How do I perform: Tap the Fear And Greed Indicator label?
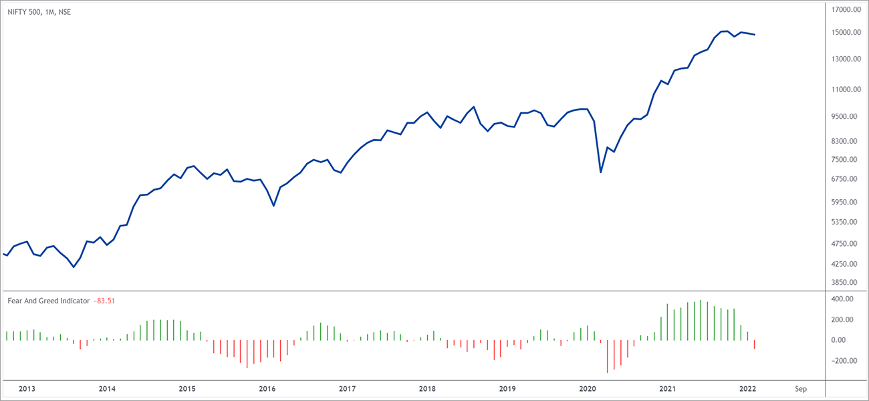pos(48,301)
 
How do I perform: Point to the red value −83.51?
pos(104,301)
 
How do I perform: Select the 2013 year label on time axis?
pos(27,388)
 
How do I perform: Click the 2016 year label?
pos(267,388)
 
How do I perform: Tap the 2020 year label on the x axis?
pos(588,388)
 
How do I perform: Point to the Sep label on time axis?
pos(800,388)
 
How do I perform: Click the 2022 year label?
pos(747,388)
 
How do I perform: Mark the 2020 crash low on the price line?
pos(601,172)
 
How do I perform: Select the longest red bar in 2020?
pos(608,356)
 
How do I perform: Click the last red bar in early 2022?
pos(754,345)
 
